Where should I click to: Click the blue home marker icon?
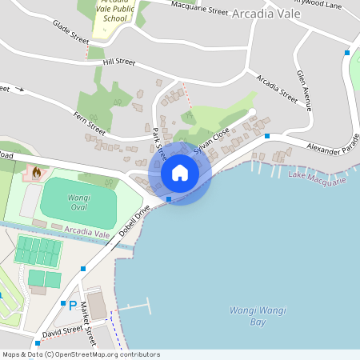tap(179, 172)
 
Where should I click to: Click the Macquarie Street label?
tap(201, 8)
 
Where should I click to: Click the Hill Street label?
tap(119, 62)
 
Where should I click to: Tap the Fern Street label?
tap(90, 122)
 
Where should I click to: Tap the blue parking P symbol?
tap(73, 305)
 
